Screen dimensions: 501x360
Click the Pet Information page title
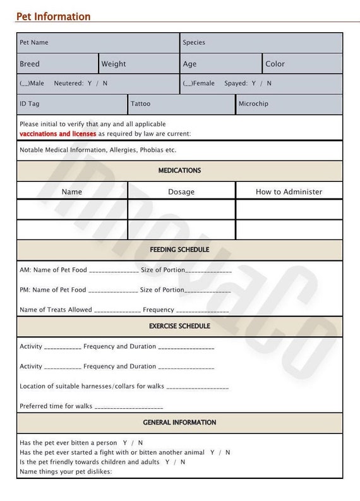(x=53, y=16)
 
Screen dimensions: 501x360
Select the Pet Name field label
(x=34, y=42)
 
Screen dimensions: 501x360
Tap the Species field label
(x=194, y=42)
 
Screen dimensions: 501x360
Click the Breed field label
(x=30, y=64)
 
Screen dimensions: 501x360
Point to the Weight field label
(x=114, y=64)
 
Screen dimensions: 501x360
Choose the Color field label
(x=275, y=64)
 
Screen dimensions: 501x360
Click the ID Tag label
(x=29, y=104)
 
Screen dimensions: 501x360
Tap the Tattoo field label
(x=141, y=104)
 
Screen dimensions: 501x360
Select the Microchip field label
(x=253, y=104)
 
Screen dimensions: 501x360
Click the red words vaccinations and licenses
(x=58, y=134)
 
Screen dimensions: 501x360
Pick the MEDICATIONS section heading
(x=179, y=171)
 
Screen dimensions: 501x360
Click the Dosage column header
(x=181, y=192)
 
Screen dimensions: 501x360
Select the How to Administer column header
(x=289, y=192)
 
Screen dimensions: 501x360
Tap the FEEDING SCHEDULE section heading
(x=179, y=250)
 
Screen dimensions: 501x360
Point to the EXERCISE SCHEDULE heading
(x=179, y=326)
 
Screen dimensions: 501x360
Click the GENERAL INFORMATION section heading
(x=179, y=422)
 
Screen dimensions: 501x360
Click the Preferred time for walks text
(x=56, y=406)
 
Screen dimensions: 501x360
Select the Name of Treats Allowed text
(x=56, y=310)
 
